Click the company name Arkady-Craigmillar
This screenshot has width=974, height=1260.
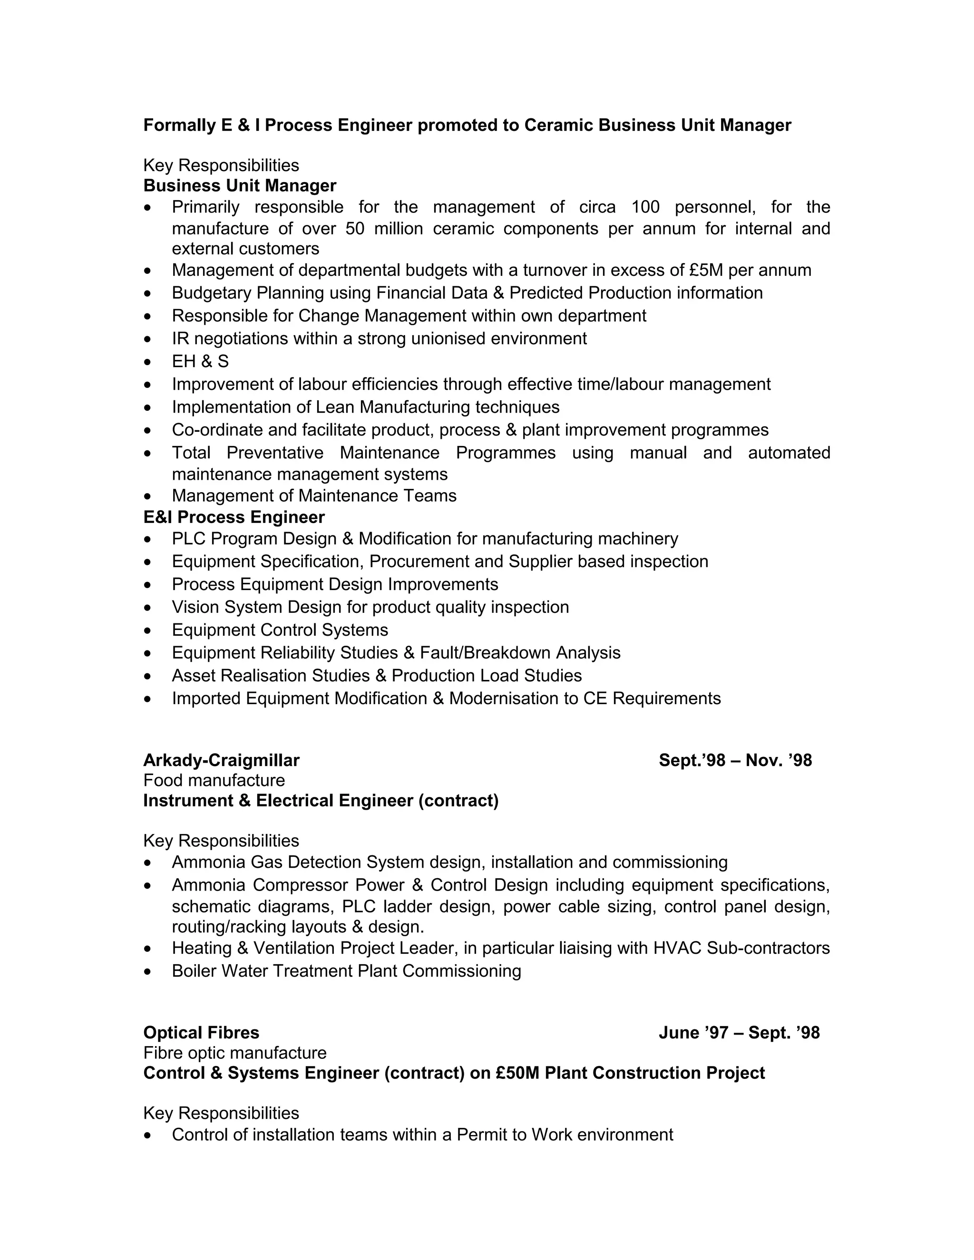(221, 760)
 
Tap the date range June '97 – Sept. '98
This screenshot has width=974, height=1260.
(739, 1033)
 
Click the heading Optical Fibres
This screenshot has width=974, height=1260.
(201, 1033)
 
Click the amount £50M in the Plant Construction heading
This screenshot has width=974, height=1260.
(517, 1073)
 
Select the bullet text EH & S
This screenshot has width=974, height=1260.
(200, 361)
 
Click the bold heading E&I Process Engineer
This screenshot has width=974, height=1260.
(234, 517)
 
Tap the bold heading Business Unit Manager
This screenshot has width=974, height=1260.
(240, 186)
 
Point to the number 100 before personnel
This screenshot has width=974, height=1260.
(645, 207)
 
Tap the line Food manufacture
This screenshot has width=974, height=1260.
(214, 781)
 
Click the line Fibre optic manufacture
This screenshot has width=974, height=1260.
(235, 1053)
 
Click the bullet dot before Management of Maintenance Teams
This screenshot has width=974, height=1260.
(149, 496)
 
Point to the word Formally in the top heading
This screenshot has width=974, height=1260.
(179, 125)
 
